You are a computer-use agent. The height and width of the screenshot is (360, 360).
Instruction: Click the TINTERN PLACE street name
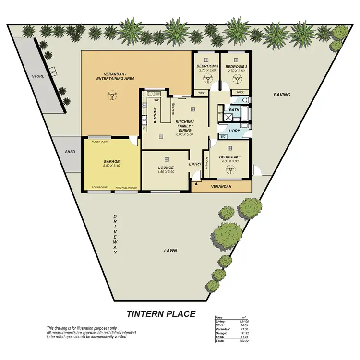(161, 314)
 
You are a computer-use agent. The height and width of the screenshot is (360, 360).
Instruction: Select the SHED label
(70, 152)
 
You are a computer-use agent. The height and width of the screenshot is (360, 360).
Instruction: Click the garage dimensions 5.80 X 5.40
(111, 166)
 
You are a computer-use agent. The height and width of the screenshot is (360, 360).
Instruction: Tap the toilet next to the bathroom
(245, 100)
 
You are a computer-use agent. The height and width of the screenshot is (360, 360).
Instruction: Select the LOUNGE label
(166, 168)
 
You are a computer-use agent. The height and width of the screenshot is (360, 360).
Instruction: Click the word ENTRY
(196, 164)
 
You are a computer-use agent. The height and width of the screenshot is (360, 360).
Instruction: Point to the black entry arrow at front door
(196, 183)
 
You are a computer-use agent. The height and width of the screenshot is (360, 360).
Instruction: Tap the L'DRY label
(234, 131)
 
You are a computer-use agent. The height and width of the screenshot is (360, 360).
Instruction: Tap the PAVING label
(282, 95)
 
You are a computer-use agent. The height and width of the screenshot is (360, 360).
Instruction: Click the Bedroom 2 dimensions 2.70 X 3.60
(236, 71)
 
